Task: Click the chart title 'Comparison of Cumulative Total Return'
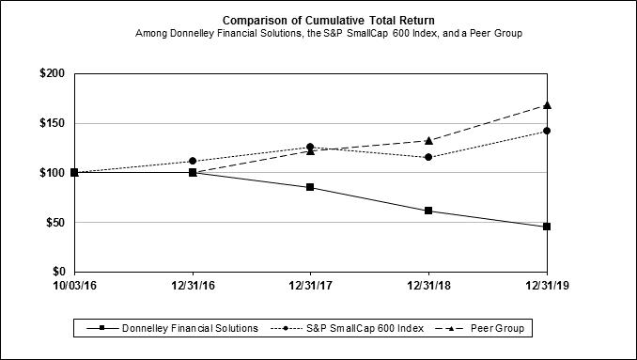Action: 328,21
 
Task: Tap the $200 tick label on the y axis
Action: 52,73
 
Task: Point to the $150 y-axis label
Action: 52,123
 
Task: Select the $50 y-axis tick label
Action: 55,222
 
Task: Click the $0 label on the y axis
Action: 58,272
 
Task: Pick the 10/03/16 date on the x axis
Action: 75,286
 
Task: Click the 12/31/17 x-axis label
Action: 310,286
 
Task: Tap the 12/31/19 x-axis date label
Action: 547,286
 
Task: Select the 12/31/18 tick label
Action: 428,286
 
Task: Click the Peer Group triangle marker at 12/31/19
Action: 547,105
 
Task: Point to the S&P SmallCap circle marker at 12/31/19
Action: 547,131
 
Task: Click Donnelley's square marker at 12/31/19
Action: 547,227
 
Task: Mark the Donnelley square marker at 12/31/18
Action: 428,211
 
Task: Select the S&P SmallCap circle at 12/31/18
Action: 428,157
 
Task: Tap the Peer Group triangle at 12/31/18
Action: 428,141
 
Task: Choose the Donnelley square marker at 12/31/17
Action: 310,187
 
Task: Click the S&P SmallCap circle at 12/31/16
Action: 193,161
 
